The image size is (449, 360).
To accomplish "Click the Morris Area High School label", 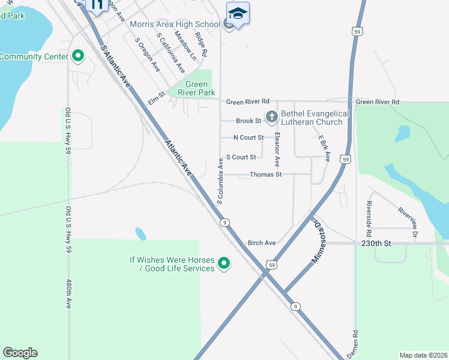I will [x=175, y=25].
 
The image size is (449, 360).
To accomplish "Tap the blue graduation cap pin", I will [x=238, y=13].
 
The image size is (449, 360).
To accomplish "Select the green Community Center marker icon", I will [x=77, y=57].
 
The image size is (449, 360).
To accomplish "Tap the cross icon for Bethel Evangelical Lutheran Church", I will [x=271, y=117].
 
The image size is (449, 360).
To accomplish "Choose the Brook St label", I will [x=249, y=121].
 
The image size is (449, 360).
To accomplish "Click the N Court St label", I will [x=249, y=137].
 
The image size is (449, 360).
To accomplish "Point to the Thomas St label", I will [x=265, y=175].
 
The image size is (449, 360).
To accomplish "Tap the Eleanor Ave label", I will [x=277, y=150].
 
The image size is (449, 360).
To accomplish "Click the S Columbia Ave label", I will [x=220, y=181].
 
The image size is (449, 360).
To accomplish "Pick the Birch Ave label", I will [x=262, y=243].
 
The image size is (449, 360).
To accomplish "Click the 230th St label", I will [x=376, y=244].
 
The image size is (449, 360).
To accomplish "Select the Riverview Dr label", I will [x=407, y=221].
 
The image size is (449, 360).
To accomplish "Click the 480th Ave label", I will [x=68, y=294].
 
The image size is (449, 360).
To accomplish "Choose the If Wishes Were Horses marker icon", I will [x=224, y=263].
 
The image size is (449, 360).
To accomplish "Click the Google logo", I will [x=20, y=353].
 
